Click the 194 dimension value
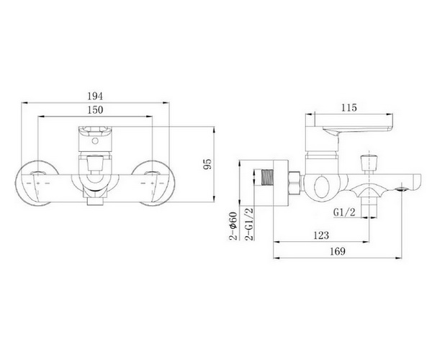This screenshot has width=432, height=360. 95,96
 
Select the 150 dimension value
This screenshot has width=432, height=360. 95,110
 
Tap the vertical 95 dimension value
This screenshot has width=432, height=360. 207,164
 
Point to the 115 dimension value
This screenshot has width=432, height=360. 349,107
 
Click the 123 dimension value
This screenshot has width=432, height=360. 321,235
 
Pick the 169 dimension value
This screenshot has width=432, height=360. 337,251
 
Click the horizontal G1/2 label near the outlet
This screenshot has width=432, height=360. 344,212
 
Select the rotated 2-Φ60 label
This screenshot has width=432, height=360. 233,226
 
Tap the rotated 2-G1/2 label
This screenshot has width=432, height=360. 249,224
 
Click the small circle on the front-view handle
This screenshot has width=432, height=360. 95,141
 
